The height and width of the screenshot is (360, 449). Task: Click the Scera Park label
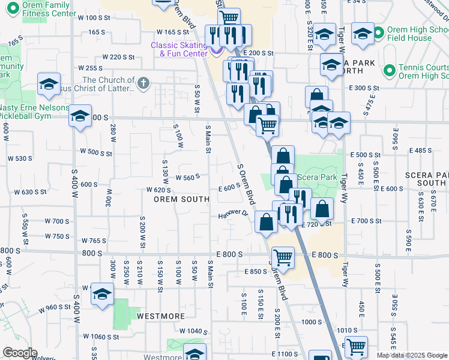[316, 178]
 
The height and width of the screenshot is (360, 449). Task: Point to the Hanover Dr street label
[234, 214]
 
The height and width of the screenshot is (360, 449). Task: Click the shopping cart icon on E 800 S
[283, 258]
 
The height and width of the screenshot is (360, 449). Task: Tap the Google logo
[20, 353]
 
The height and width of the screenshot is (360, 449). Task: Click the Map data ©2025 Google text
[411, 355]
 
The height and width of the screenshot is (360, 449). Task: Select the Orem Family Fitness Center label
[40, 9]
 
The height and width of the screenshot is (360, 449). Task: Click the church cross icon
[143, 83]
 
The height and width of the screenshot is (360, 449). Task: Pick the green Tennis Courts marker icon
[389, 71]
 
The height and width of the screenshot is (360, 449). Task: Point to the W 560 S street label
[187, 177]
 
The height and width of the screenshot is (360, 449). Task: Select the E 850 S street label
[256, 271]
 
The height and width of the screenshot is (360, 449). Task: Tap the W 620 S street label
[160, 190]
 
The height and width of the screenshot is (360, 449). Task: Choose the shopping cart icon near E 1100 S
[357, 346]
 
